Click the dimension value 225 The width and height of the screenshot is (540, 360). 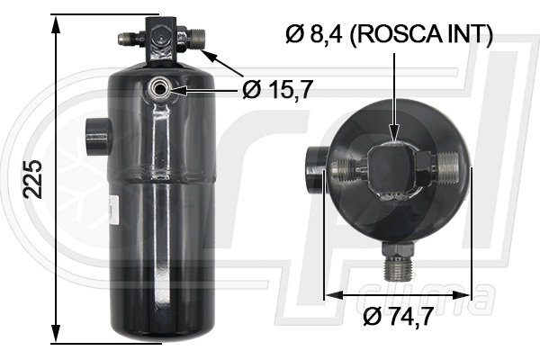(33, 178)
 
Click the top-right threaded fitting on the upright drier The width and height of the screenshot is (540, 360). (194, 38)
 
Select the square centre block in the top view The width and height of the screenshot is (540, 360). (394, 165)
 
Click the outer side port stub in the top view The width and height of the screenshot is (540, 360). (313, 166)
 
